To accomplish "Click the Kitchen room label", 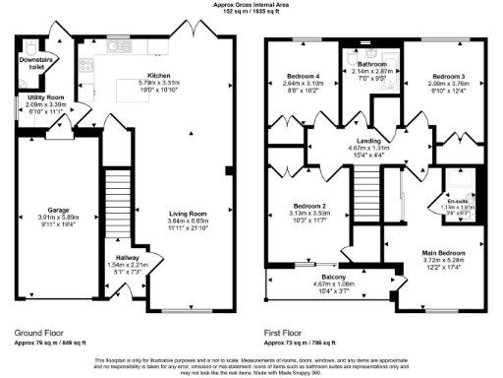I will click(x=160, y=75).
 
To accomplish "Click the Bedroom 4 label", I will click(x=304, y=76).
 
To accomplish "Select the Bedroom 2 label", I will click(x=296, y=207).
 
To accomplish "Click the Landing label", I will click(x=344, y=141).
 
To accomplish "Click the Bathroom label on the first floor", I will click(x=371, y=64).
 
